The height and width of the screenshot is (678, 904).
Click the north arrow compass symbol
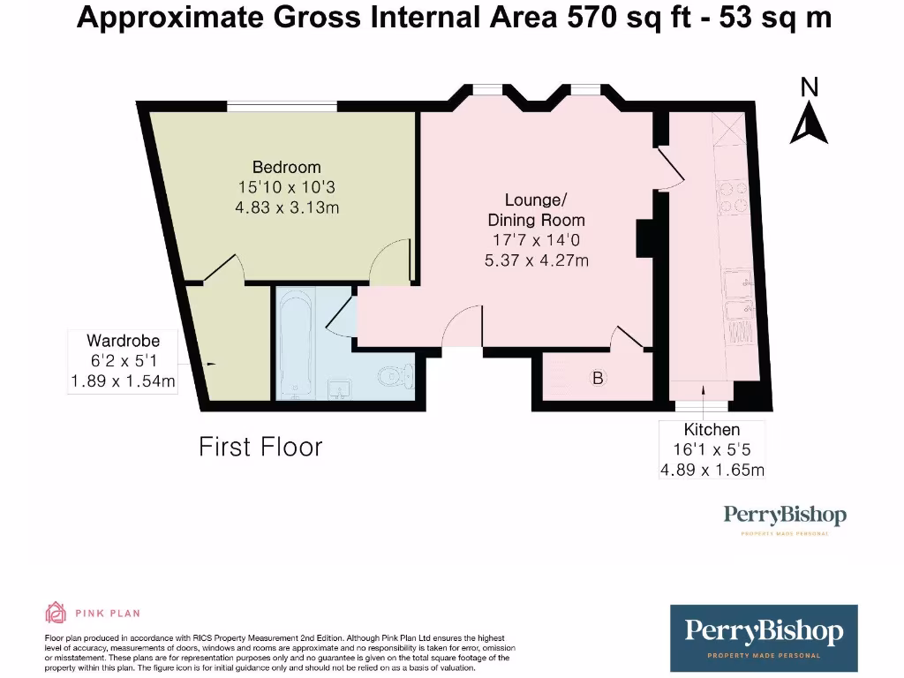[809, 124]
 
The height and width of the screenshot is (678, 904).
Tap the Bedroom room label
[286, 167]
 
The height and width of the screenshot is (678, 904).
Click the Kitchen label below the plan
[712, 430]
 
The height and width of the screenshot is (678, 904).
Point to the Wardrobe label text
[123, 341]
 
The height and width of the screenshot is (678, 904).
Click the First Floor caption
[260, 447]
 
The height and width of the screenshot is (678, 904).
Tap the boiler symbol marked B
[598, 379]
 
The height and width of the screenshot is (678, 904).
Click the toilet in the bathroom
[395, 377]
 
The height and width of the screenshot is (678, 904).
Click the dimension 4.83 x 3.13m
[286, 207]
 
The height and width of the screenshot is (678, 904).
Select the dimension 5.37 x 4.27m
[536, 260]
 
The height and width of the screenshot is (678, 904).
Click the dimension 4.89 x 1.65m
[712, 470]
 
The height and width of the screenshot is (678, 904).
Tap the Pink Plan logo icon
[56, 612]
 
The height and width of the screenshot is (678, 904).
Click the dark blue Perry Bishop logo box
[764, 637]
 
